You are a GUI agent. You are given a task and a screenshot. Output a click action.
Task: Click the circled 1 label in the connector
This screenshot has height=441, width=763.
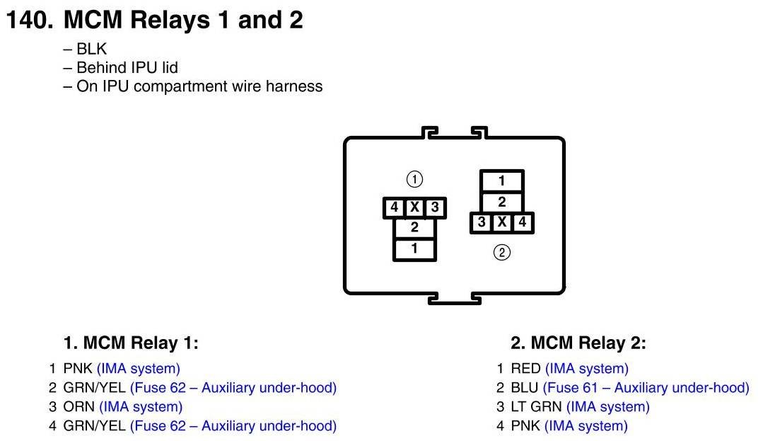[414, 178]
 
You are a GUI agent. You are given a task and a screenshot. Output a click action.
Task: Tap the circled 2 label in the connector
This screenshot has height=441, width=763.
[501, 252]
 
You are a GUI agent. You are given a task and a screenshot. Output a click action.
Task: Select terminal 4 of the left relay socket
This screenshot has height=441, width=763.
[394, 207]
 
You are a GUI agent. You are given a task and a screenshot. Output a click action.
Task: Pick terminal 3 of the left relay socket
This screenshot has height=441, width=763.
[435, 207]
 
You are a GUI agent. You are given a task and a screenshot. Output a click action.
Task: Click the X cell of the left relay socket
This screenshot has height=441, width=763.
[414, 207]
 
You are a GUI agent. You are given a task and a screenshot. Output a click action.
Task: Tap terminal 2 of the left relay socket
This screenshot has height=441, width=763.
[414, 228]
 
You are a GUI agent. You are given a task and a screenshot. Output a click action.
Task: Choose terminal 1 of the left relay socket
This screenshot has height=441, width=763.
[414, 249]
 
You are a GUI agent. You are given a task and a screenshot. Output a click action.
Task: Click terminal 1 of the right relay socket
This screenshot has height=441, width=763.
[501, 181]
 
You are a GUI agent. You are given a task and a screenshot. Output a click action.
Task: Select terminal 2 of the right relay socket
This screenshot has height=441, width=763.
[501, 202]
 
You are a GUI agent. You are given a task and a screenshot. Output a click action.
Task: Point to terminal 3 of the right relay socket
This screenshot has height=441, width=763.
[482, 222]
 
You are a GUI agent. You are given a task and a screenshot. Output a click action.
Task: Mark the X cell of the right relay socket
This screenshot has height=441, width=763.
[501, 222]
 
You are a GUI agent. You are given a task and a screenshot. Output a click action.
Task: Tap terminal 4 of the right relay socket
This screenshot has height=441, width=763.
[523, 222]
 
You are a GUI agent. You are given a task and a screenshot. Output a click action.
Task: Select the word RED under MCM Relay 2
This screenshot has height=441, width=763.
[526, 369]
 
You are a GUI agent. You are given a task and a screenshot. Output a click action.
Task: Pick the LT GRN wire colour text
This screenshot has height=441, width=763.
[535, 407]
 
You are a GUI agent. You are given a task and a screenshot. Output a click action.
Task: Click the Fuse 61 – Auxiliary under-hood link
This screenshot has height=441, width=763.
[646, 388]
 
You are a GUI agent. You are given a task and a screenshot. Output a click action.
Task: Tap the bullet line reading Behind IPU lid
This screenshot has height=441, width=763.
[120, 68]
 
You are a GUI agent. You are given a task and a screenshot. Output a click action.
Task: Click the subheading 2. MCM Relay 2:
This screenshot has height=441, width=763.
[578, 344]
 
